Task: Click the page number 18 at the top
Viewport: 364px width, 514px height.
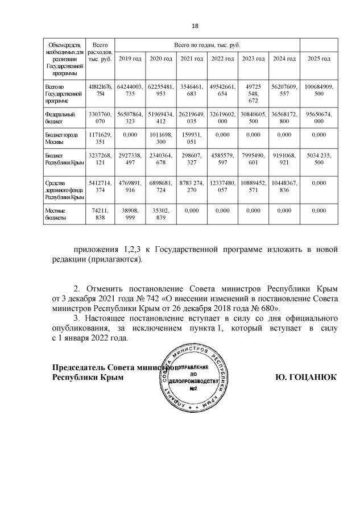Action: (x=195, y=26)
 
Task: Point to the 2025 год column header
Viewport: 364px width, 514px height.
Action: (x=318, y=59)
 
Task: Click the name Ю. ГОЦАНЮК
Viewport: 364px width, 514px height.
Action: (x=306, y=377)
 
